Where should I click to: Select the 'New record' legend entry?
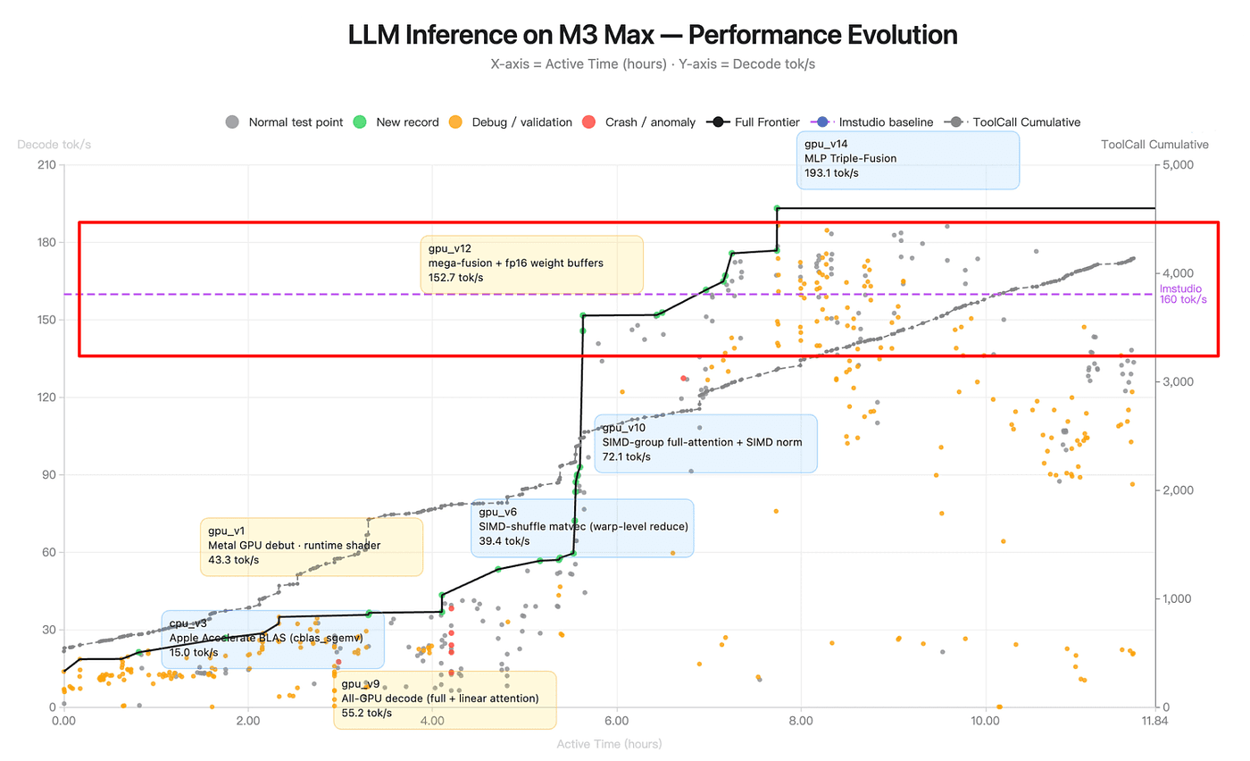pos(397,122)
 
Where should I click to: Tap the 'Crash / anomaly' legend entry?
pos(637,122)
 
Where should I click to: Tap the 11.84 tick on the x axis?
pos(1154,721)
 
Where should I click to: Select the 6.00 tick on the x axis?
pos(617,721)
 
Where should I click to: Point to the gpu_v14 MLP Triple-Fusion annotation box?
pos(908,160)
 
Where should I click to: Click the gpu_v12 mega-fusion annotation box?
pos(532,264)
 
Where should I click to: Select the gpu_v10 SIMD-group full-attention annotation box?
pos(705,443)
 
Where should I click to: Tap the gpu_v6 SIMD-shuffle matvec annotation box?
pos(582,528)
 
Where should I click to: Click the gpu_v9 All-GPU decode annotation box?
pos(445,699)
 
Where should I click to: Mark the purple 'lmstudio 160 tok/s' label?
pos(1182,294)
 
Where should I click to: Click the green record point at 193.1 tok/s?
pos(777,208)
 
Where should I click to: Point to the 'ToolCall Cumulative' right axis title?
pos(1154,145)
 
